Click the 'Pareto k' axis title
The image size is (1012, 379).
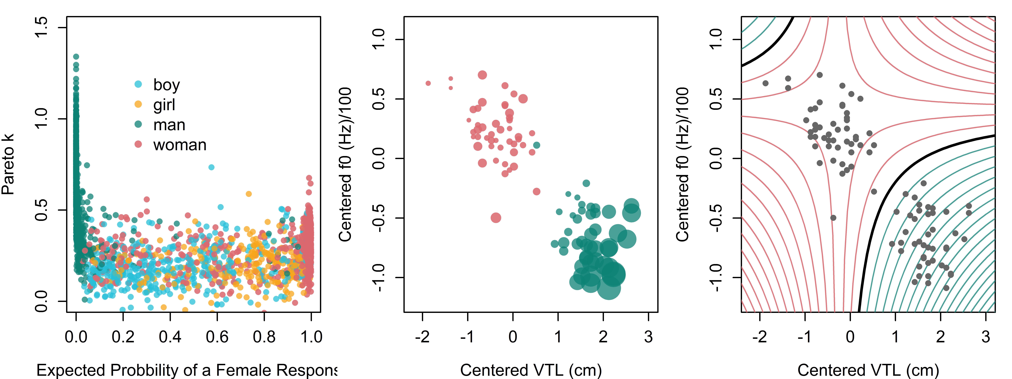tap(8, 164)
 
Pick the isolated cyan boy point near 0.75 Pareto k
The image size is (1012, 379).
tap(211, 167)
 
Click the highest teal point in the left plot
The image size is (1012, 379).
tap(76, 57)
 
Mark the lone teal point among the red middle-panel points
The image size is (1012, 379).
tap(537, 145)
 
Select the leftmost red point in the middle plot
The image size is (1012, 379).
tap(428, 83)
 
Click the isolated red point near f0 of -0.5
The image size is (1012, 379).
tap(496, 218)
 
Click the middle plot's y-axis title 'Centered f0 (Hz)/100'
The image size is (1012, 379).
tap(345, 164)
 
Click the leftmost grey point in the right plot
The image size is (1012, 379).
tap(765, 83)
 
